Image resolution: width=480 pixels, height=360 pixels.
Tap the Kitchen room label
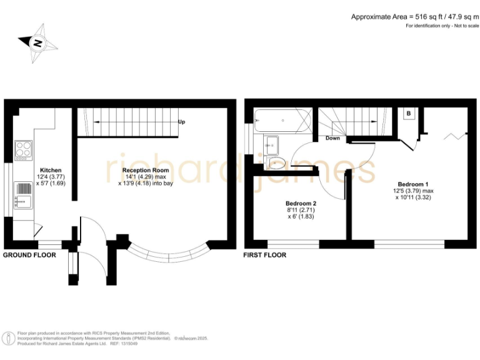click(51, 170)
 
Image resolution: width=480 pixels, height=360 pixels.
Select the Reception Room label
click(146, 170)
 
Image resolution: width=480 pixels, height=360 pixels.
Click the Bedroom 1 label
click(413, 184)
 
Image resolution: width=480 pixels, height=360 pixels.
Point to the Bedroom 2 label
click(301, 204)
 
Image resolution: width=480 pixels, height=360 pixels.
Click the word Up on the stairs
click(182, 122)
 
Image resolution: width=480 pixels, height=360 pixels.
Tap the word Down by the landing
click(332, 138)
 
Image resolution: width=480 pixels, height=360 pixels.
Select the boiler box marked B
click(408, 114)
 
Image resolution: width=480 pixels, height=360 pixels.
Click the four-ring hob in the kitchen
click(24, 150)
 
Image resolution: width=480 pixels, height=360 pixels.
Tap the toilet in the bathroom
click(276, 163)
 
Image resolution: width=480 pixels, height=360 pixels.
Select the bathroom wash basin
click(272, 144)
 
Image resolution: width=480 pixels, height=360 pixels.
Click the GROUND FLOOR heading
click(29, 255)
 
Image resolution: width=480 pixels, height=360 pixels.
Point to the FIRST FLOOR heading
click(266, 255)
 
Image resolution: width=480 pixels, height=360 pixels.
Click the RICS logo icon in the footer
click(9, 338)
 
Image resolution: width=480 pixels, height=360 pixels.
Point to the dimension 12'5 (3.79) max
click(412, 191)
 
